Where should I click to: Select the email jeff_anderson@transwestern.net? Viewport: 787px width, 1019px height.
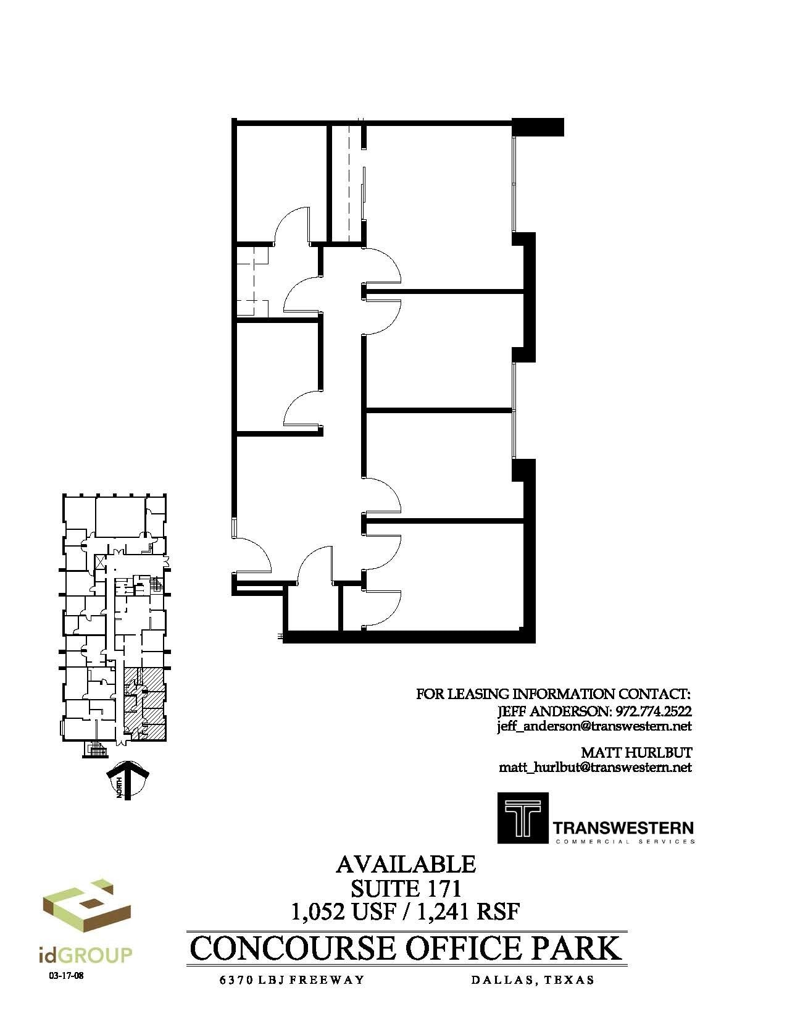594,727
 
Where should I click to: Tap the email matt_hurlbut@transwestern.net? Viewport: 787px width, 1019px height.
595,768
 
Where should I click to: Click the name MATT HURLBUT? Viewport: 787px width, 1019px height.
636,752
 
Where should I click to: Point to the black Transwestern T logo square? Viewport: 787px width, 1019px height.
522,818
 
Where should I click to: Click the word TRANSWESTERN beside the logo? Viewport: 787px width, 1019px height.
623,828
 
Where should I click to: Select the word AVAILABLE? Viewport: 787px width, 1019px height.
406,864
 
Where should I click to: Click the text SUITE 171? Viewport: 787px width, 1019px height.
406,888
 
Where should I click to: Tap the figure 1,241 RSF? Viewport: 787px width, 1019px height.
469,911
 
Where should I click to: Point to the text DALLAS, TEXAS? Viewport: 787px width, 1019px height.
532,980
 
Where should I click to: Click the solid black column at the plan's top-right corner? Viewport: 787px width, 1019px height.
539,127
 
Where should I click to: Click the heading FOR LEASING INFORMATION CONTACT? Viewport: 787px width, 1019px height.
554,694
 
